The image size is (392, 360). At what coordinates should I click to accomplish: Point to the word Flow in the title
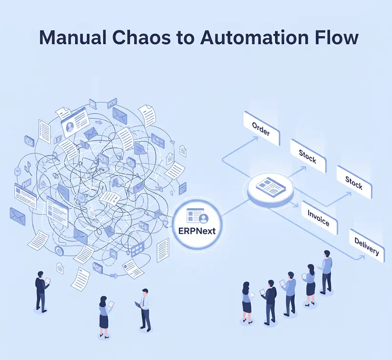tap(334, 38)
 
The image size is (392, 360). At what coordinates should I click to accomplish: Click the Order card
tap(261, 128)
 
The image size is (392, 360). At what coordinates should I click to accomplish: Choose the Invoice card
tap(319, 217)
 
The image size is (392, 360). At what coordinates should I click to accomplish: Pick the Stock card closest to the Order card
tap(308, 156)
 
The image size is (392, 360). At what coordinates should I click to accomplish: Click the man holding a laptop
tap(145, 313)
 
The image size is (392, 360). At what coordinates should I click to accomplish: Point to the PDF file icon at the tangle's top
tap(113, 103)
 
